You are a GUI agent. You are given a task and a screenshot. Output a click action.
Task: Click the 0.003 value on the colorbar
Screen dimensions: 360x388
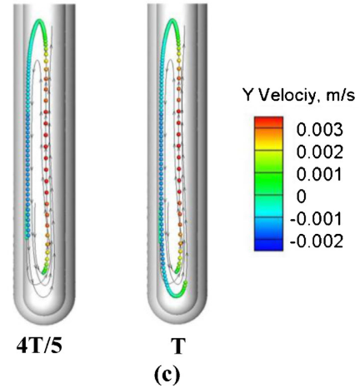click(x=319, y=130)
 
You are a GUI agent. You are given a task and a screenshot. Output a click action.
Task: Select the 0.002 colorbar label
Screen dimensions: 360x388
click(x=319, y=152)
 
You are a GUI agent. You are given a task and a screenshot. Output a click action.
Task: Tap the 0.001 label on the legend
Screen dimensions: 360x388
click(x=319, y=175)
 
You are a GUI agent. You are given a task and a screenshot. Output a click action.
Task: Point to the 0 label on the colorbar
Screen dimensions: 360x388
click(x=302, y=196)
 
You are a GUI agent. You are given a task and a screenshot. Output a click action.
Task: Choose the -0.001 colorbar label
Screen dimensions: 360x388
click(x=316, y=219)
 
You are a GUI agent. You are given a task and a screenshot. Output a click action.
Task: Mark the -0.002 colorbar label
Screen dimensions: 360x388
click(x=316, y=241)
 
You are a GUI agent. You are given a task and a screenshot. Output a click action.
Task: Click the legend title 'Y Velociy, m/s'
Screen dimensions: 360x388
click(x=299, y=96)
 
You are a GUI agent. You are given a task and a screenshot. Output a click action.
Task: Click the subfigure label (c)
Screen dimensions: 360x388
click(x=167, y=375)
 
